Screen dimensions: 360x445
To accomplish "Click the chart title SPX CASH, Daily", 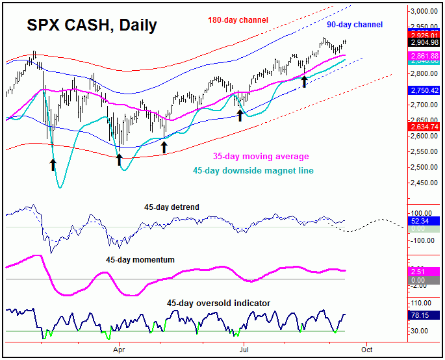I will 92,26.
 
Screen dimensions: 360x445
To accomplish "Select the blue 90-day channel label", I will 355,25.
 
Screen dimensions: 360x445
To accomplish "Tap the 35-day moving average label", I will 261,157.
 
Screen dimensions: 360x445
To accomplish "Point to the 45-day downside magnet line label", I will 253,171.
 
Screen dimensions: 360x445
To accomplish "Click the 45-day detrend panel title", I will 172,207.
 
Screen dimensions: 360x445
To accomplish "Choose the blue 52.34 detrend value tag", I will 422,221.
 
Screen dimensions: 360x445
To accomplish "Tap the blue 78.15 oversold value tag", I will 422,316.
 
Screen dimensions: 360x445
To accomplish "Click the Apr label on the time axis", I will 118,349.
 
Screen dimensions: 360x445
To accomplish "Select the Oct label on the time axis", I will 366,349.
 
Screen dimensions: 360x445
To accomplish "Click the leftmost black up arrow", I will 53,164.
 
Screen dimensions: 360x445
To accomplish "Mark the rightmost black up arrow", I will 304,81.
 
